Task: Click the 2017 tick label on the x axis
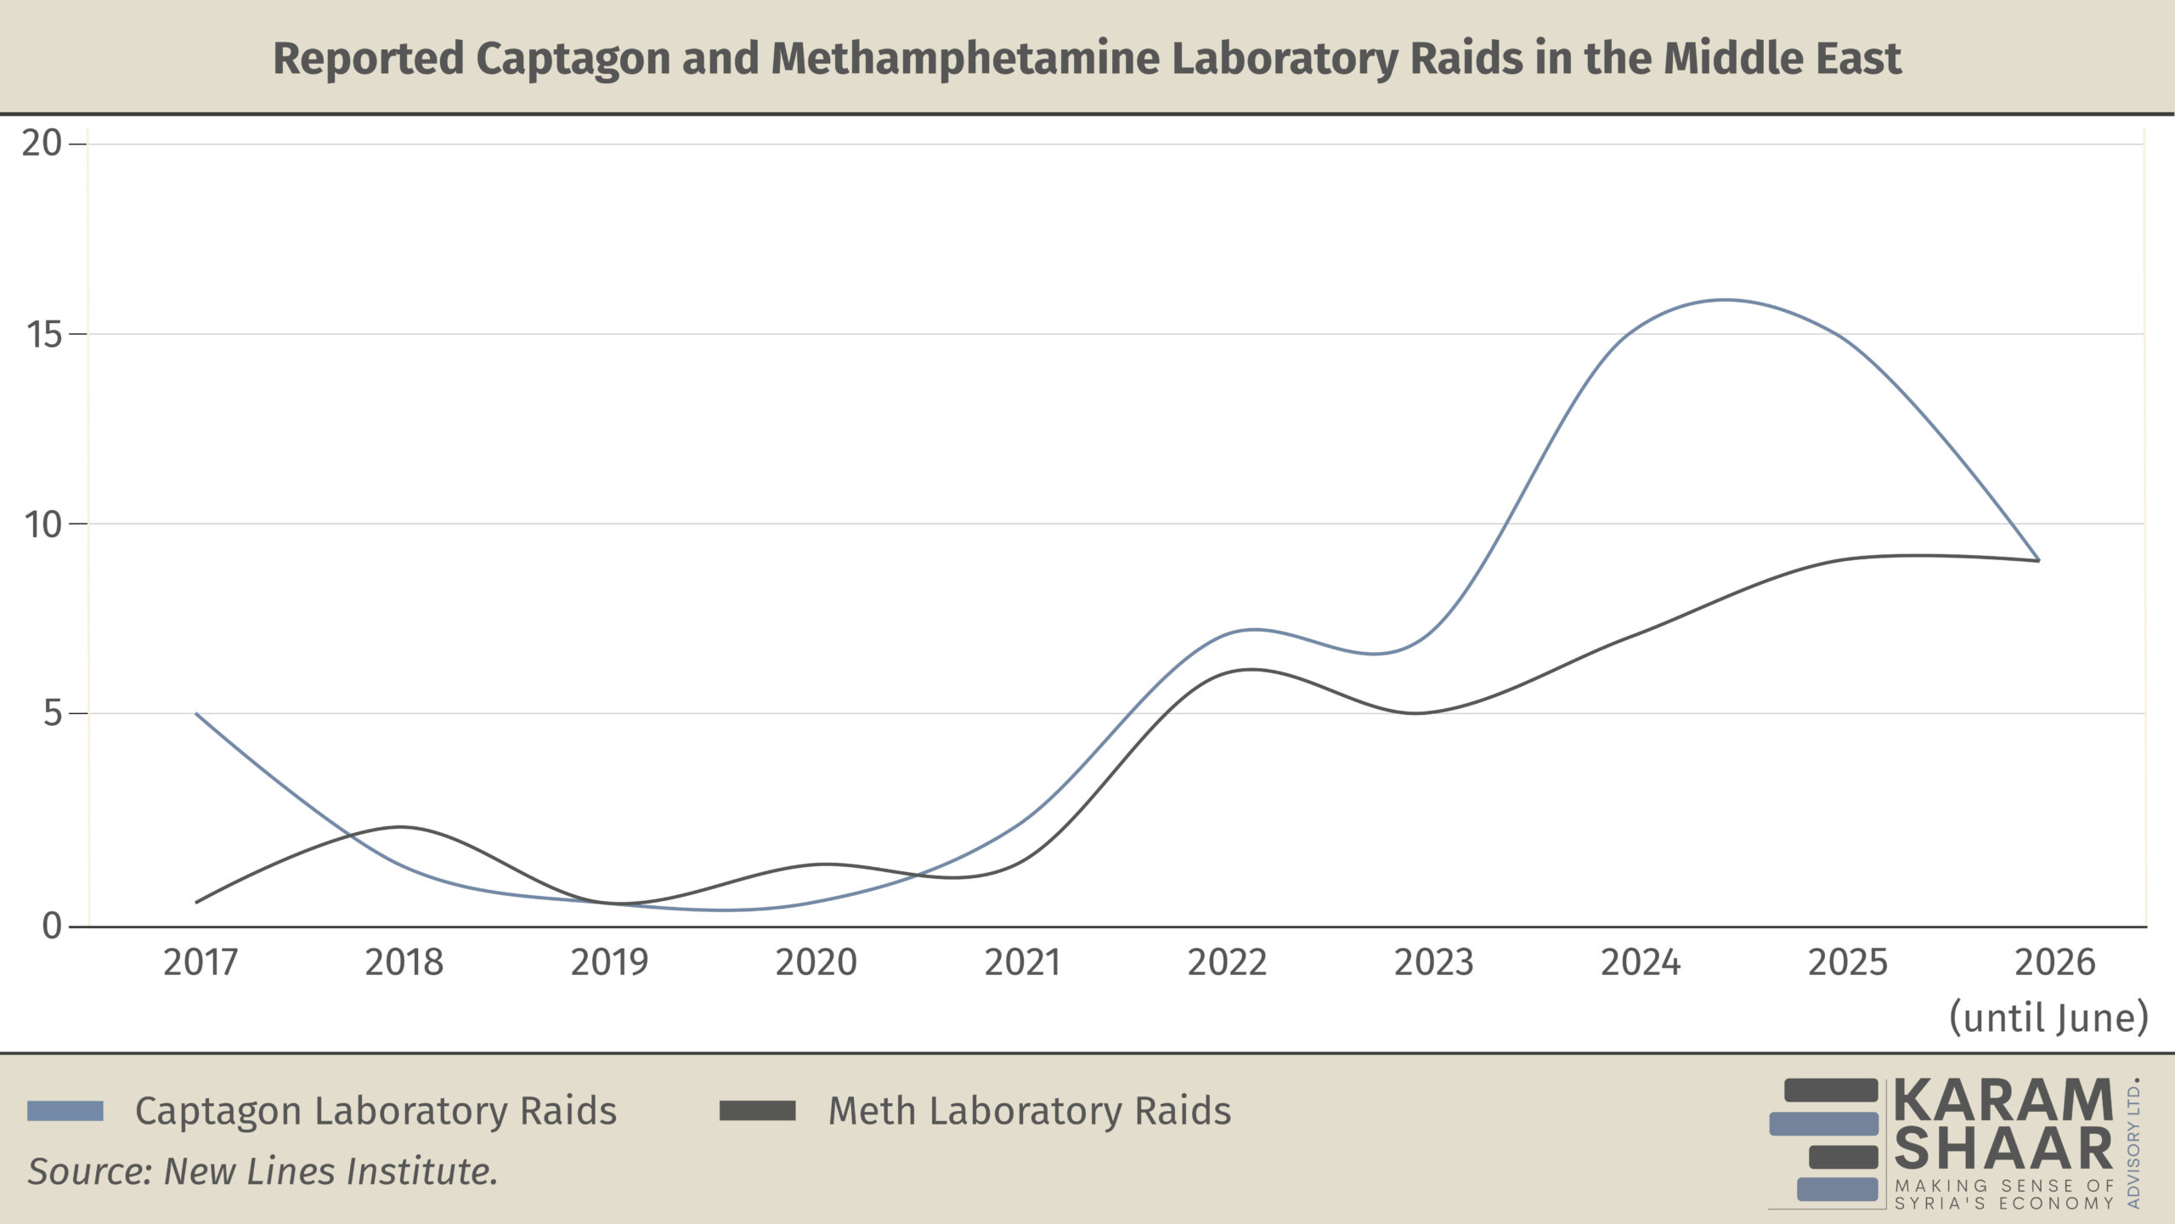201,962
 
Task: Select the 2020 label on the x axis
816,962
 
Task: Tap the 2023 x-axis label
1434,962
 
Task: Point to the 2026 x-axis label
2055,962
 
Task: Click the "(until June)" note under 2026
2048,1017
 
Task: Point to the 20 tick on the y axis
42,144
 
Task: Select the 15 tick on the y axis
43,334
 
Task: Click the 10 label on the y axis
43,524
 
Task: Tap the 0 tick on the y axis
53,926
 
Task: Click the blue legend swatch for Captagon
65,1111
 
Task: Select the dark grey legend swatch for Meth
758,1111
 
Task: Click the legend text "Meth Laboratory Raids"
1030,1111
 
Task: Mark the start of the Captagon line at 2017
196,714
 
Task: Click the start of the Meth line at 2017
196,902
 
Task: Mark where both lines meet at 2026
2038,560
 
